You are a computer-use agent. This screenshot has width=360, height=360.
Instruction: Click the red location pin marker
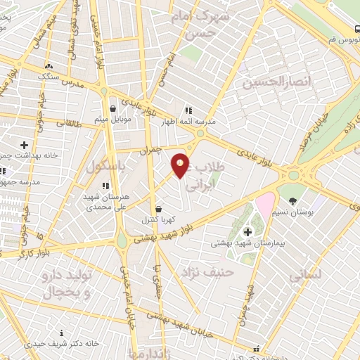point(181,165)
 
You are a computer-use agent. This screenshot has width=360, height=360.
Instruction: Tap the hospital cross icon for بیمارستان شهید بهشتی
point(247,233)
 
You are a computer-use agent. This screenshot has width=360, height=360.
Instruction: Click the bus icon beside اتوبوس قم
point(357,30)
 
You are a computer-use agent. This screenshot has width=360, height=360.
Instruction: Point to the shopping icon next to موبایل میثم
point(112,109)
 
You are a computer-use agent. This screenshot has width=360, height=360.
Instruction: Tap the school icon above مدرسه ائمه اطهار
point(188,110)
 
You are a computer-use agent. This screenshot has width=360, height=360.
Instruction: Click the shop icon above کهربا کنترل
point(157,209)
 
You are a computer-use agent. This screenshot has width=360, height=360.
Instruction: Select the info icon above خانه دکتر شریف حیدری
point(61,333)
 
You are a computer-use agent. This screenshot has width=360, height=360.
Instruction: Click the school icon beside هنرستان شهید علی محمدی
point(105,186)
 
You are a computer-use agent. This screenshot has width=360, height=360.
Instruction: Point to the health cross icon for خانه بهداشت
point(24,144)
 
